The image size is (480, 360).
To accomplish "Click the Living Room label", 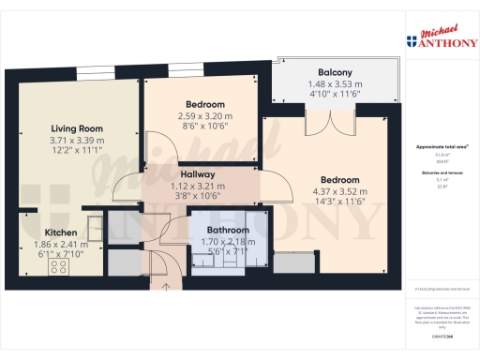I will click(x=77, y=128).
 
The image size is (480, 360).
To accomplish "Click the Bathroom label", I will click(x=229, y=230).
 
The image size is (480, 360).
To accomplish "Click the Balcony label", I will click(x=335, y=72).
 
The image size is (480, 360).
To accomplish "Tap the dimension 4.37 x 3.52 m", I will click(x=339, y=192).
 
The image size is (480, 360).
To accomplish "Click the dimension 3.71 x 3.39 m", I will click(x=77, y=141).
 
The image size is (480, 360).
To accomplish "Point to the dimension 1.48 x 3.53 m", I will click(x=335, y=83).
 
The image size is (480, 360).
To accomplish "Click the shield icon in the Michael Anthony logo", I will click(x=412, y=40).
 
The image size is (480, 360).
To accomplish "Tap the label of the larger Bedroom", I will click(x=339, y=180).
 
